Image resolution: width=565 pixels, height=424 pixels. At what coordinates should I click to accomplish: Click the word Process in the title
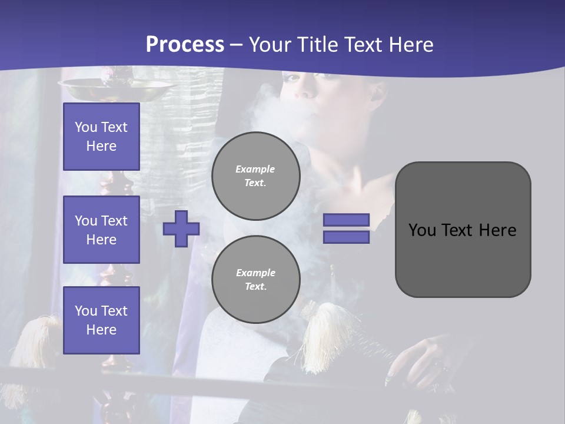coord(185,45)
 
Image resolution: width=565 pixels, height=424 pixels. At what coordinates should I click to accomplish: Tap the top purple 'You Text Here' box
coord(101,137)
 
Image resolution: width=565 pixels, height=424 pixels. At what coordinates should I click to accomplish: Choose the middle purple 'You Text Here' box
coord(101,230)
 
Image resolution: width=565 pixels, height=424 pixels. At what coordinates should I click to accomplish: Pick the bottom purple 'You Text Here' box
coord(101,320)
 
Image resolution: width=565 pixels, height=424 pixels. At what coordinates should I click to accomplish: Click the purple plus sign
coord(181,228)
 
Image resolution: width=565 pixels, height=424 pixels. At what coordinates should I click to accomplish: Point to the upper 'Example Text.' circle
coord(256,176)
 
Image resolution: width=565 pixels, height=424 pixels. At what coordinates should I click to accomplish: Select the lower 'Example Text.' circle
coord(256,280)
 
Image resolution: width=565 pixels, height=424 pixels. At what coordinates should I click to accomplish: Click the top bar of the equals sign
coord(346,220)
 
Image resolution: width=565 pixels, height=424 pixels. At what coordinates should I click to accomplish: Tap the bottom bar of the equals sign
coord(346,237)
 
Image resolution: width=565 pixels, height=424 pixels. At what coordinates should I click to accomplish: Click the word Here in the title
coord(411,45)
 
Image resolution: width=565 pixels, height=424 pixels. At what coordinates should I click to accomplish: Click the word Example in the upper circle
coord(255,169)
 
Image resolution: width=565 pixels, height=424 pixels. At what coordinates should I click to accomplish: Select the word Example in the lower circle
coord(255,273)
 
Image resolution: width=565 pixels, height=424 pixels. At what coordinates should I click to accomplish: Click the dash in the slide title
coord(236,45)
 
